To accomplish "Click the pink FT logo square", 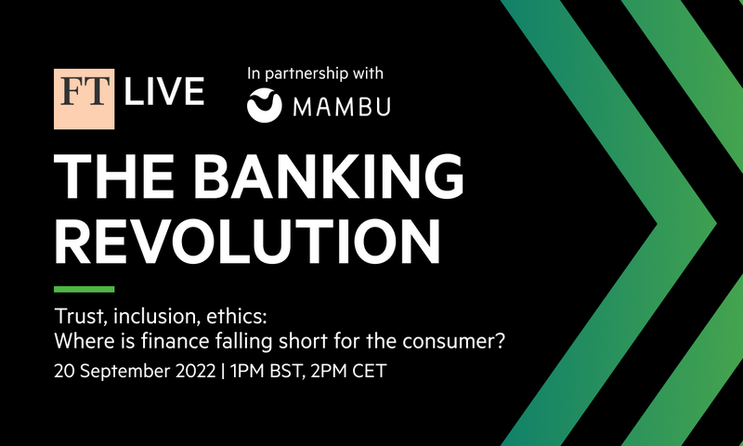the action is coord(84,98).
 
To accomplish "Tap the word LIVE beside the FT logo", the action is coord(164,91).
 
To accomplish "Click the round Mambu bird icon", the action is coord(265,105).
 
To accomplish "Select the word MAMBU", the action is coord(342,107).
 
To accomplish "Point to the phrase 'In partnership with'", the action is coord(315,73).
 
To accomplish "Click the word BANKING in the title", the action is coord(328,177).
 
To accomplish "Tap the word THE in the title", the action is coord(114,177).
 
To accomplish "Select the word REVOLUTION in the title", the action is coord(247,242).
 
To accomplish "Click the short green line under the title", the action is coord(84,289).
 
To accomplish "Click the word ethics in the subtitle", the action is coord(237,316).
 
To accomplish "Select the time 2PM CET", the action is coord(348,371).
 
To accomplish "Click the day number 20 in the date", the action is coord(64,371).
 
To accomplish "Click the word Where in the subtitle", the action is coord(84,341).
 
